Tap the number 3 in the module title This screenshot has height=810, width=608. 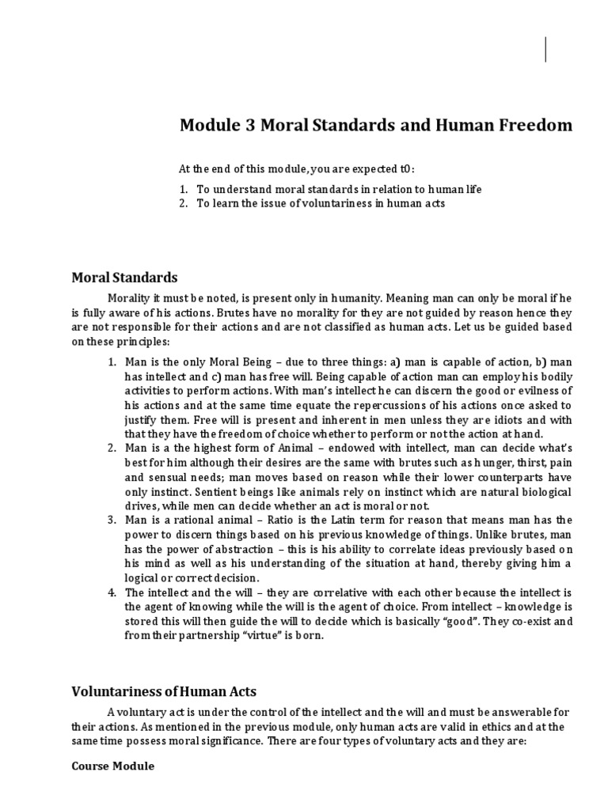pyautogui.click(x=245, y=126)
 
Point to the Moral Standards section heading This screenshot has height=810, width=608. pyautogui.click(x=125, y=278)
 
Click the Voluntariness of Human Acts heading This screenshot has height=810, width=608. pyautogui.click(x=164, y=691)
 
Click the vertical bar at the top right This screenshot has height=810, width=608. pyautogui.click(x=546, y=49)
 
